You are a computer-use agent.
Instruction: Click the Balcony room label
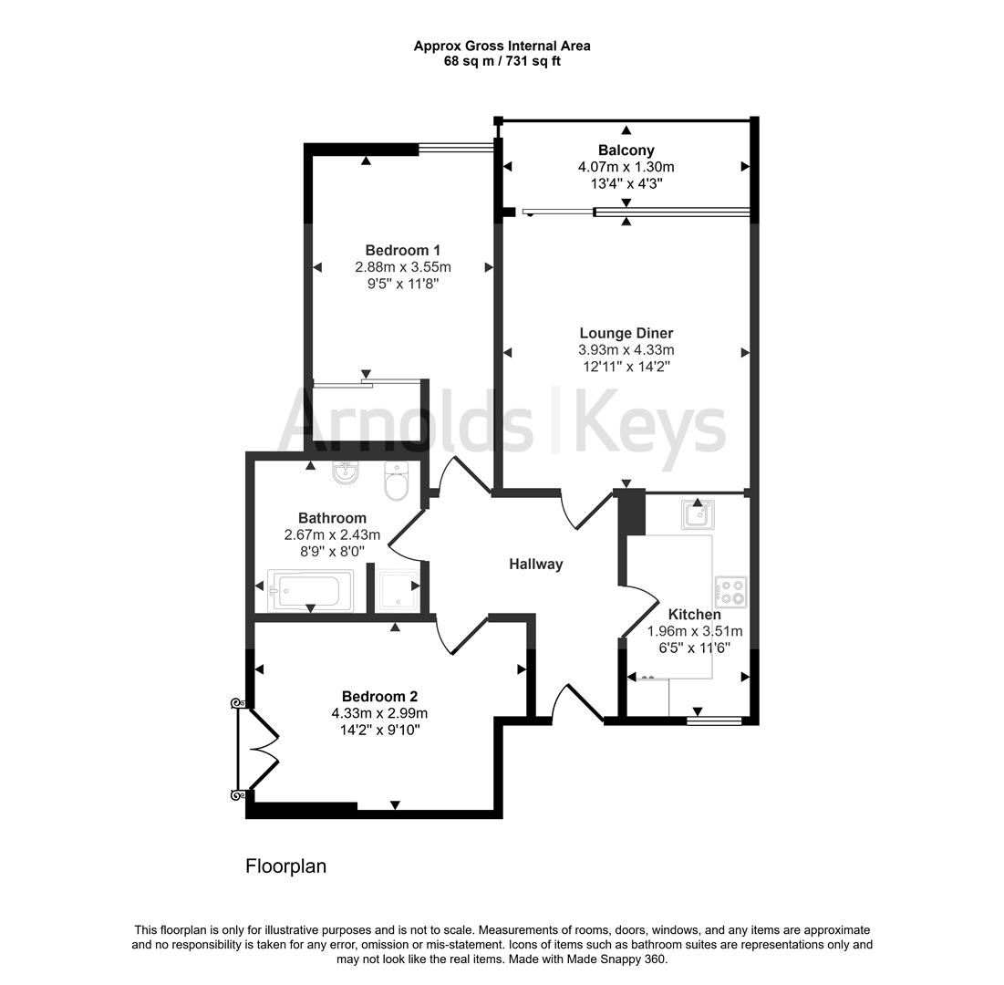pos(626,150)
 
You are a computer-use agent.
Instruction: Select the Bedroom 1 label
pos(403,250)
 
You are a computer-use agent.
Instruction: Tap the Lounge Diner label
pos(626,333)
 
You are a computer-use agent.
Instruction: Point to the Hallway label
pos(535,564)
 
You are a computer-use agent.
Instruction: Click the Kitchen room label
pos(694,615)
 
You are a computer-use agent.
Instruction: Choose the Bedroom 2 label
pos(379,696)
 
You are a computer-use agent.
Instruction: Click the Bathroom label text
pos(332,518)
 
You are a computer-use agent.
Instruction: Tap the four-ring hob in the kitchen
pos(731,591)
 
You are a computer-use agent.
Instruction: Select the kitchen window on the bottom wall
pos(714,721)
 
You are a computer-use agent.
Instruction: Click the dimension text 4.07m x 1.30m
pos(626,167)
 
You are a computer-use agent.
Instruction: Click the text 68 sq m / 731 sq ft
pos(502,62)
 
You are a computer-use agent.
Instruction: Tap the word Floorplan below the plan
pos(285,866)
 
